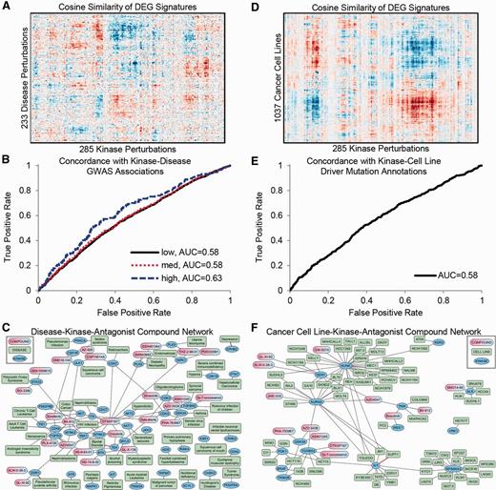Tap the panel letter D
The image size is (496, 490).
(258, 7)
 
